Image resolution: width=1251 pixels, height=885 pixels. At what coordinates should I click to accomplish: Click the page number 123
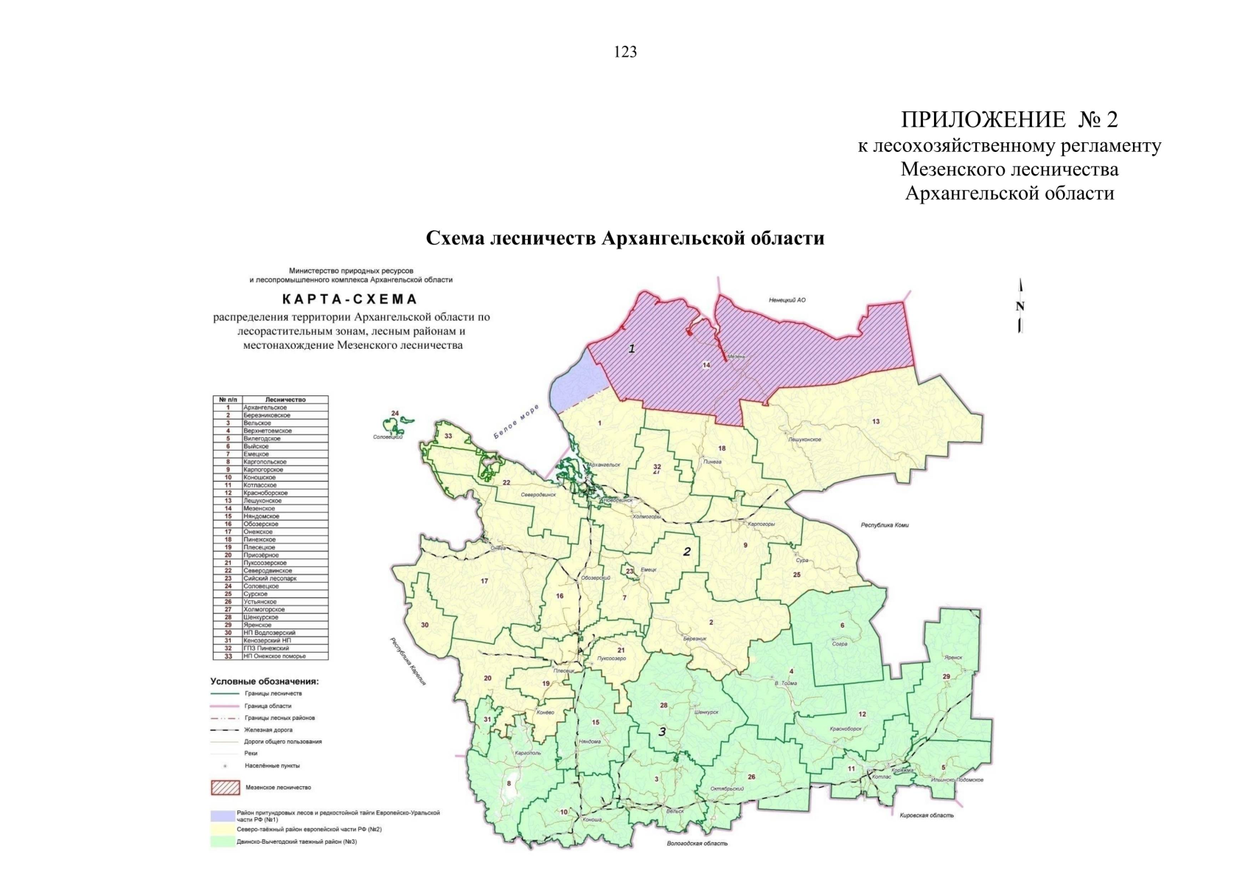[625, 52]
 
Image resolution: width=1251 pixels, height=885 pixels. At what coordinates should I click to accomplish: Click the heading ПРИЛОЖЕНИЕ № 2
[1008, 119]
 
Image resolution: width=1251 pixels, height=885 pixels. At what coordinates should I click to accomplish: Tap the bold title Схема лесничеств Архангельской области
[625, 238]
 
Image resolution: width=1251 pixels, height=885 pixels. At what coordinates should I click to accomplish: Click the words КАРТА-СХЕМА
[350, 299]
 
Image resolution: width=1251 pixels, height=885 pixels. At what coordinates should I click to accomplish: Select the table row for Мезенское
[271, 509]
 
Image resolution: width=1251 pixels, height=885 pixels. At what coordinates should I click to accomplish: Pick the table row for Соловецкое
[271, 586]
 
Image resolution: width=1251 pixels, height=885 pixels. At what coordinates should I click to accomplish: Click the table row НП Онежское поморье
[271, 656]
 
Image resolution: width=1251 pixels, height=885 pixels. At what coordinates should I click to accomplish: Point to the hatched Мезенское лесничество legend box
[226, 788]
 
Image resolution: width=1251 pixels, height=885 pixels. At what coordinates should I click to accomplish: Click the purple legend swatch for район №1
[223, 816]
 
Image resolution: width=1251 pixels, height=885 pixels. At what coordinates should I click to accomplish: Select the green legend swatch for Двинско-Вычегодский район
[223, 841]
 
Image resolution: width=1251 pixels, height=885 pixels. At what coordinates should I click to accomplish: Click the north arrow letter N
[1020, 307]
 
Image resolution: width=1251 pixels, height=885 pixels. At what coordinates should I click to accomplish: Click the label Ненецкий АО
[787, 300]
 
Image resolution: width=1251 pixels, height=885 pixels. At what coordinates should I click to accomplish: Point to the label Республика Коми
[885, 525]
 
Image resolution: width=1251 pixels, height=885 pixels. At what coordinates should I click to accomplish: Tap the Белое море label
[516, 422]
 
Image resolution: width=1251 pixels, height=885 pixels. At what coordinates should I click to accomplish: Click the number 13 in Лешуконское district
[876, 422]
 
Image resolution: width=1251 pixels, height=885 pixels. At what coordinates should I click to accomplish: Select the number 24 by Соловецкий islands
[394, 414]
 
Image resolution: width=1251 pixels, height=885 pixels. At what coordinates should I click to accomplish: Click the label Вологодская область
[697, 843]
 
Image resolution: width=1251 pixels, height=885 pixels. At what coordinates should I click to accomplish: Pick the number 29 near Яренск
[947, 676]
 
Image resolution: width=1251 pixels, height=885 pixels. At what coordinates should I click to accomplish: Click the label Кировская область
[927, 816]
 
